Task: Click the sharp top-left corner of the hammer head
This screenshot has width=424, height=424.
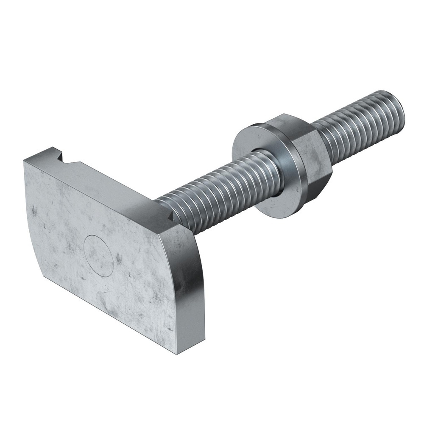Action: point(24,159)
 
